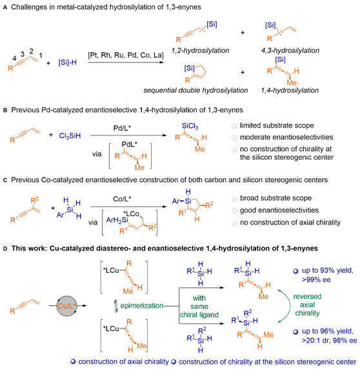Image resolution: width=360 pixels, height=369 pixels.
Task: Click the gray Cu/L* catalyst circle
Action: [x=67, y=306]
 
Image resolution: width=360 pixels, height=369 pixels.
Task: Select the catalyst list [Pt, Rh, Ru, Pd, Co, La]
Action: [x=126, y=55]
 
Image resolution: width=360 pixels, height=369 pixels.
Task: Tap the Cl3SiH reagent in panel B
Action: [x=70, y=135]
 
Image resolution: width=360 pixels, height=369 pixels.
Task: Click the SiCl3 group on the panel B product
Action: [x=190, y=126]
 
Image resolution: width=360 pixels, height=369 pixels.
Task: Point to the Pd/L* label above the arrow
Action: [x=122, y=128]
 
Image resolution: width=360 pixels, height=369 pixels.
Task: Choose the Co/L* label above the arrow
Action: [x=122, y=199]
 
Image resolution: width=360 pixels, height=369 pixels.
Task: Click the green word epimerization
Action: [x=142, y=306]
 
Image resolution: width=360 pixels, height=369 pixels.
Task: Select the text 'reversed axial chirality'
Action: [x=307, y=304]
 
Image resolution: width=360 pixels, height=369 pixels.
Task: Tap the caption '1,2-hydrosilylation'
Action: [x=200, y=50]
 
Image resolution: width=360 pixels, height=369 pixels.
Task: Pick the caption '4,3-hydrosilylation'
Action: [x=290, y=50]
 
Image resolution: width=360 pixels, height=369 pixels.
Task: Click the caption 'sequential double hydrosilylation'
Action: [x=195, y=90]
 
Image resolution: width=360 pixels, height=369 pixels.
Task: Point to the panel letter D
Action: [x=5, y=249]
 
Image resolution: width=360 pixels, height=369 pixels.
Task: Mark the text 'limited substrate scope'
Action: [x=277, y=125]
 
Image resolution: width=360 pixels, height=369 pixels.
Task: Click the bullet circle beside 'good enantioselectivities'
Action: [x=234, y=210]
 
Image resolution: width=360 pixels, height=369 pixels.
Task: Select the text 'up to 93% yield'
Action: [x=328, y=271]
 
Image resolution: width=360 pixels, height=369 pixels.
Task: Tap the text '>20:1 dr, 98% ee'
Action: [x=330, y=341]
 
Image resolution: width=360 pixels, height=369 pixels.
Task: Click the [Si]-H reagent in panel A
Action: [x=68, y=63]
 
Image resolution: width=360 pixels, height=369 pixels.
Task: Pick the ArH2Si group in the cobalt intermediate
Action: [x=117, y=220]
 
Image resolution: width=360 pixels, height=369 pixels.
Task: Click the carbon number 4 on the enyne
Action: [x=14, y=58]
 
